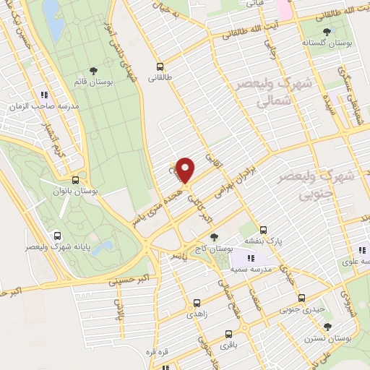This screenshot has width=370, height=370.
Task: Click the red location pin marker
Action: point(186,170)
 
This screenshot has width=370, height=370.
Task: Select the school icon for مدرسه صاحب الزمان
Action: point(44,95)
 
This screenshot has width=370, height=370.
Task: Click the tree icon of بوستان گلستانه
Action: point(327,32)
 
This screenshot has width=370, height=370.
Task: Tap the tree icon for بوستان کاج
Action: point(213,236)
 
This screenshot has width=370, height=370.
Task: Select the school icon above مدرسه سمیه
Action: point(251,258)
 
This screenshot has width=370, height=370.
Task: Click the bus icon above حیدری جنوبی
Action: point(301,298)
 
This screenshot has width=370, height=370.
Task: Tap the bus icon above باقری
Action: point(228,334)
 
